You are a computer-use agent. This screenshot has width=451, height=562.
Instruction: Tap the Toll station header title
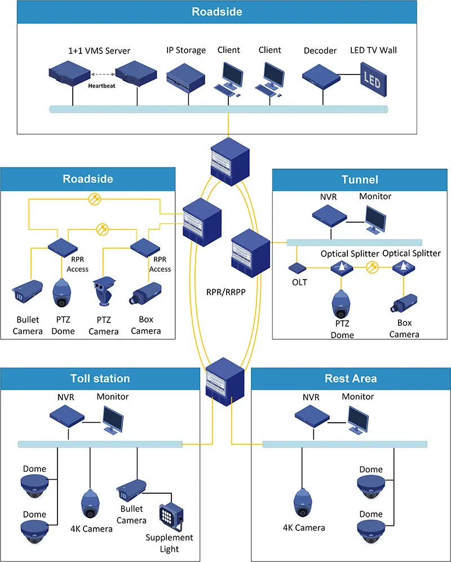point(100,379)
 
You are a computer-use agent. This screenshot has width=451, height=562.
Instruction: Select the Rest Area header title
point(351,379)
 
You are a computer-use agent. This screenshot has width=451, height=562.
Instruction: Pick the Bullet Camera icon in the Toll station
point(131,490)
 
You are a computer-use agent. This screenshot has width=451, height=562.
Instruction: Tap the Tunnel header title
point(360,180)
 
